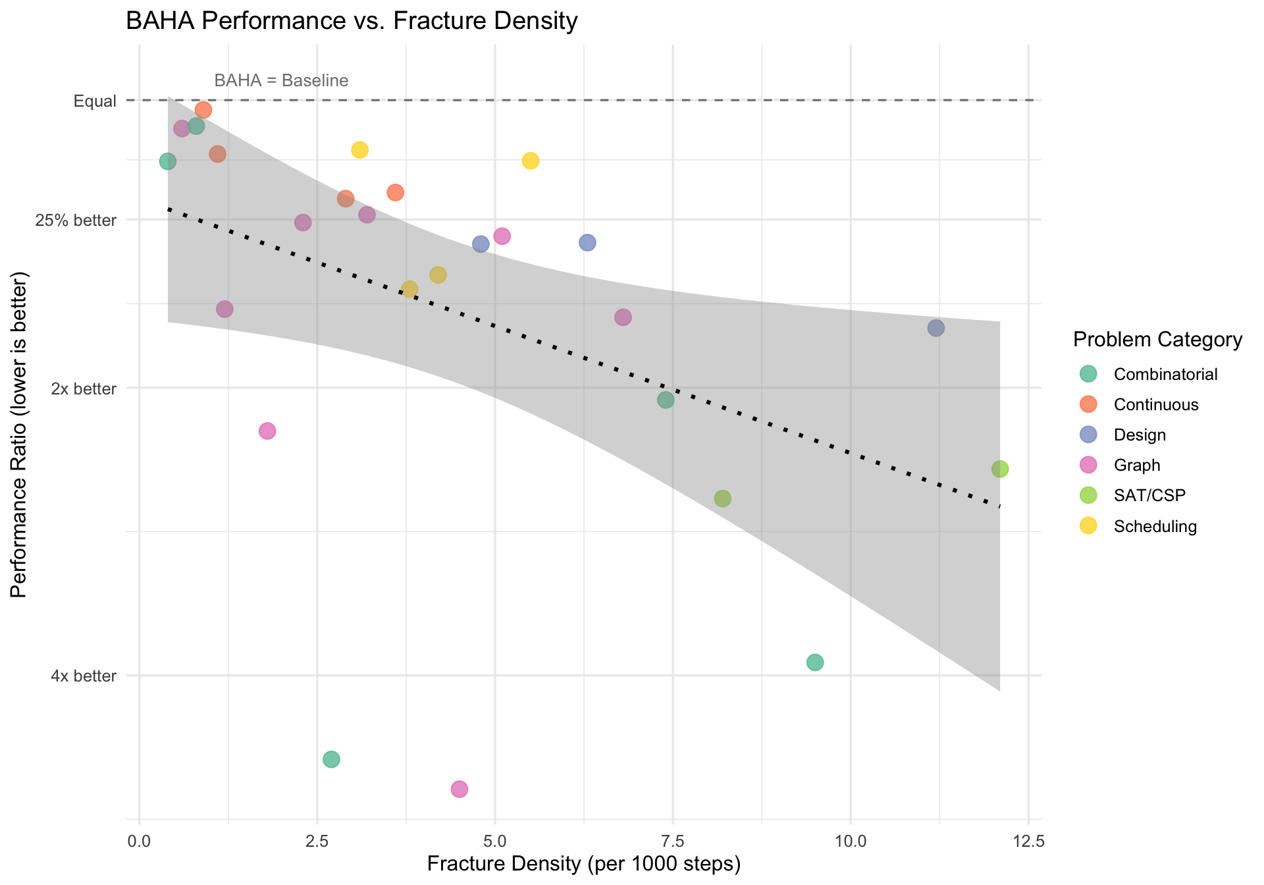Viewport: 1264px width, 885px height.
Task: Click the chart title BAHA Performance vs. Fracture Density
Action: (351, 21)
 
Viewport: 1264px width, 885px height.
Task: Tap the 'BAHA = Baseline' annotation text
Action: (281, 81)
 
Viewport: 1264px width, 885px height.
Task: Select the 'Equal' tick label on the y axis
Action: (95, 101)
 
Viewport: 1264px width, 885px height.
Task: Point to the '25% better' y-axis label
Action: (76, 221)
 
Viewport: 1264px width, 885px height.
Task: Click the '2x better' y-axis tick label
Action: (84, 389)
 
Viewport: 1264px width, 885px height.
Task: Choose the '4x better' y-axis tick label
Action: (84, 676)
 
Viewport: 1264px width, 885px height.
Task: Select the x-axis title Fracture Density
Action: (583, 864)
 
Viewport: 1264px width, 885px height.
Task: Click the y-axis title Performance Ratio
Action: (20, 435)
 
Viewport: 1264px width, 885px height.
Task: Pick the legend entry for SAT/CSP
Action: (1149, 495)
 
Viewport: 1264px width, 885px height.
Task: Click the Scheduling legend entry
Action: (1155, 526)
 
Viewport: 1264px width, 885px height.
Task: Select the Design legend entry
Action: (1140, 435)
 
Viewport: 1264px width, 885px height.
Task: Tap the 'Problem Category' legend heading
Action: (1157, 340)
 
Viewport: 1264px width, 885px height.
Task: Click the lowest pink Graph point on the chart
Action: (460, 789)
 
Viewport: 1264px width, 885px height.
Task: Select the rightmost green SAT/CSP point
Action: (999, 469)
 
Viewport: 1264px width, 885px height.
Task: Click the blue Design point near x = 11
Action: (935, 328)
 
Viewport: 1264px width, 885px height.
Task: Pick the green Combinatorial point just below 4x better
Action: (815, 662)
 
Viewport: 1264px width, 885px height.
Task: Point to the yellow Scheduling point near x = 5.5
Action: (531, 161)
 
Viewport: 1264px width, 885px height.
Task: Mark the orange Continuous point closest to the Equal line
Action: (203, 109)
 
